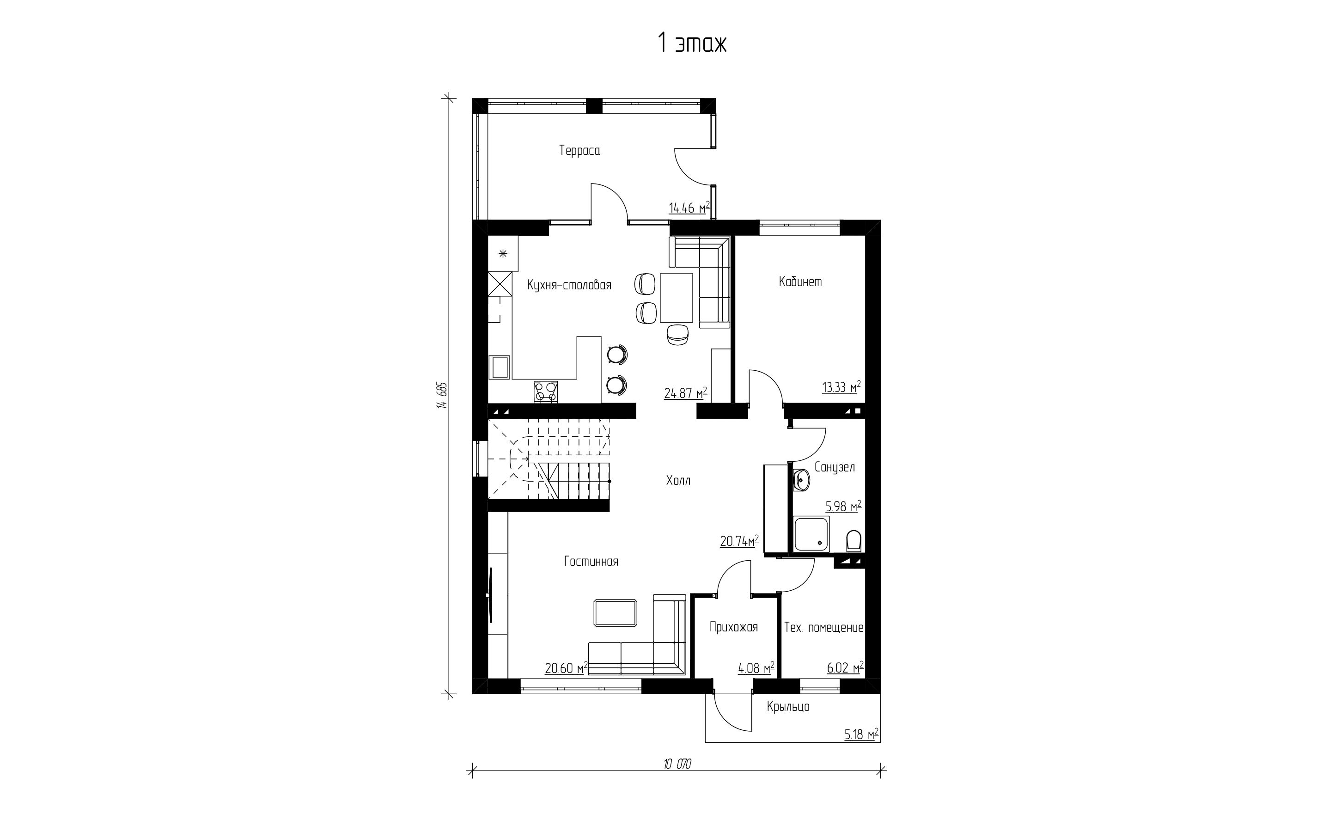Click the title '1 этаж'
click(x=692, y=43)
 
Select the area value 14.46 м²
click(x=689, y=208)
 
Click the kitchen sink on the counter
click(x=118, y=367)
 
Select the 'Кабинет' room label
click(x=800, y=281)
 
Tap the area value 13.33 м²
click(x=841, y=387)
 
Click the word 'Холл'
click(x=678, y=480)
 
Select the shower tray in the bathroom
click(x=811, y=533)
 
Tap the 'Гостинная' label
click(x=591, y=561)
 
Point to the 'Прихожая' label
click(x=733, y=627)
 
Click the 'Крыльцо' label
click(x=788, y=707)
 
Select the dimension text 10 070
click(x=677, y=764)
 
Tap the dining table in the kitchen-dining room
click(x=677, y=298)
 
